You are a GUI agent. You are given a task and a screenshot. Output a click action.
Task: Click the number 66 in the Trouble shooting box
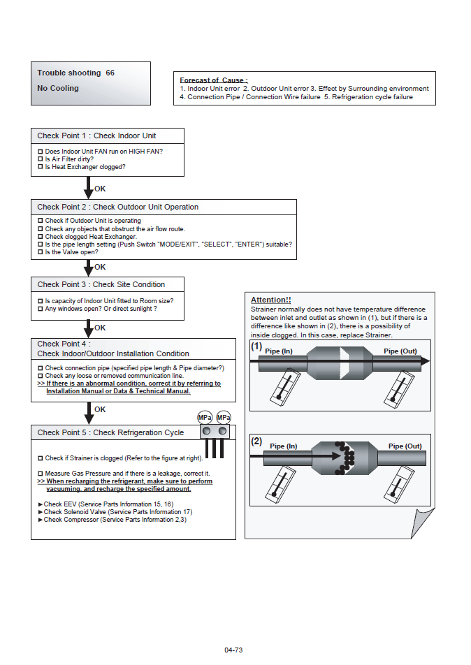coord(110,73)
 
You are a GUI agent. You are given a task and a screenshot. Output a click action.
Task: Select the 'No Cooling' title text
coord(58,89)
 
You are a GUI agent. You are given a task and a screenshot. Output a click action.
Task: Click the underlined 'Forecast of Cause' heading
coord(213,80)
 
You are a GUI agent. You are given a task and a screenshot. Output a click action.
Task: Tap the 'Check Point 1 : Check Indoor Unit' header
coord(96,136)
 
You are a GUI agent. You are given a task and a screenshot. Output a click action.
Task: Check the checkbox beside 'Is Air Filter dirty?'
coord(40,159)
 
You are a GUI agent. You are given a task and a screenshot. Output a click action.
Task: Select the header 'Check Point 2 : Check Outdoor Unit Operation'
coord(118,207)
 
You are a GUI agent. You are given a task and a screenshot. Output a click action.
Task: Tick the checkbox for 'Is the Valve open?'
coord(40,252)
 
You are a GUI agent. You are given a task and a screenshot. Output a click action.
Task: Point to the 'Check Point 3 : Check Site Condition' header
coord(101,284)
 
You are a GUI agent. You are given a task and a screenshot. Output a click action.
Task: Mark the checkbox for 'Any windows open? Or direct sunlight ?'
coord(40,309)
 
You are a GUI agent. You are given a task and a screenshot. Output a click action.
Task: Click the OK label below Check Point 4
coord(100,409)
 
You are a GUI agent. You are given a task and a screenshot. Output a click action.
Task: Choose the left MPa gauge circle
coord(205,418)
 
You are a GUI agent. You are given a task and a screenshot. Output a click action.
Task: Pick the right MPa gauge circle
coord(224,418)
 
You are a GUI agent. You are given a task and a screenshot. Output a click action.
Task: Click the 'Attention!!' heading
coord(270,300)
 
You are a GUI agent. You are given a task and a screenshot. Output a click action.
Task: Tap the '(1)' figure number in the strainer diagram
coord(256,346)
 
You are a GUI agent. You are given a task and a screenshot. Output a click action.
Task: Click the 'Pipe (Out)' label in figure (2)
coord(405,446)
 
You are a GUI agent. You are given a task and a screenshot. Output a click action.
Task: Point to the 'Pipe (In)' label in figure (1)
coord(279,351)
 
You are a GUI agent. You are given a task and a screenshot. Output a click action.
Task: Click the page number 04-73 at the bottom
coord(233,650)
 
